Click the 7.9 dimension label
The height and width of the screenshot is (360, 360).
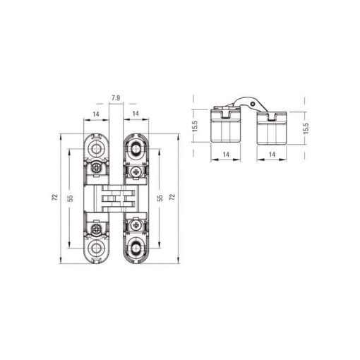click(x=116, y=98)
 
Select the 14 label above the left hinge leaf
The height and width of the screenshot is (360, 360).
click(x=96, y=114)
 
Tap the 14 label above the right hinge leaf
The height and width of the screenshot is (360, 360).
click(x=136, y=114)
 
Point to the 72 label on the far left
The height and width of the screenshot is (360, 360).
click(x=55, y=197)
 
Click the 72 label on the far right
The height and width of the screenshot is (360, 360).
click(x=172, y=197)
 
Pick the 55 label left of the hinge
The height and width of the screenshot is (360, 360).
click(x=70, y=198)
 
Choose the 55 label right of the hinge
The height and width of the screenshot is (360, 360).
click(x=160, y=198)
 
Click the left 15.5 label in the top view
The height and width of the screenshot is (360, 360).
click(x=196, y=126)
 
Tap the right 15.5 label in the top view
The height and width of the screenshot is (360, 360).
click(x=306, y=128)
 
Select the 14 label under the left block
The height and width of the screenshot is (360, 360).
click(x=226, y=155)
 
